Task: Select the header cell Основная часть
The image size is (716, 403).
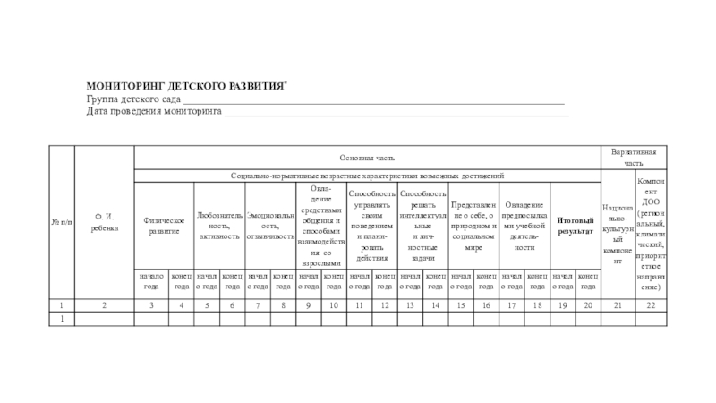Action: tap(366, 158)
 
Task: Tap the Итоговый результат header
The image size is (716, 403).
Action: tap(575, 226)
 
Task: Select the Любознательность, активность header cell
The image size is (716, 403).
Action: tap(219, 226)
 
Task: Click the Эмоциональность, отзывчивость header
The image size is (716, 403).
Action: tap(270, 226)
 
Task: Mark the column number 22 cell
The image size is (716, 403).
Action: tap(650, 306)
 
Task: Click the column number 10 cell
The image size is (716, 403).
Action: tap(333, 306)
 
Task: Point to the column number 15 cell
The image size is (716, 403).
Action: tap(461, 306)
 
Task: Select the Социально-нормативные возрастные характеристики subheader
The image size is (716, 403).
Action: tap(366, 176)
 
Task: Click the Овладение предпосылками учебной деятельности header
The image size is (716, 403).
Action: tap(524, 226)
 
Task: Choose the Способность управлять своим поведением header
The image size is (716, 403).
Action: tap(371, 226)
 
